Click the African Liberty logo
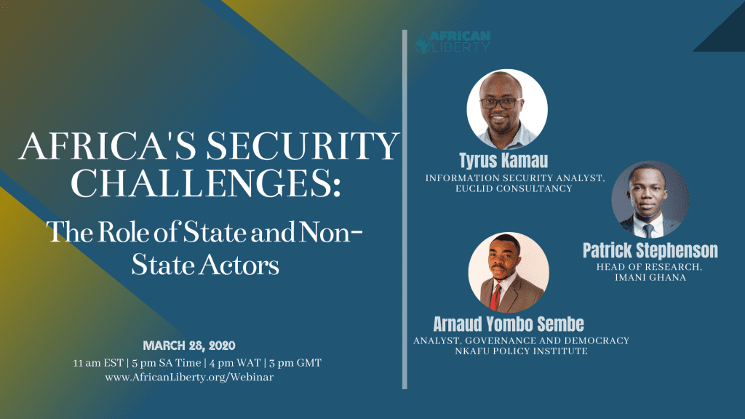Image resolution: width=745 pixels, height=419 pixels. [453, 41]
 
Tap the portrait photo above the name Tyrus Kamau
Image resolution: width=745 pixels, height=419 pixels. [507, 109]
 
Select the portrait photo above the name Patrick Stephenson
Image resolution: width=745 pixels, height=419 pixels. [650, 199]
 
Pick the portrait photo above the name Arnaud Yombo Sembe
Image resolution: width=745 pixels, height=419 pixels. [509, 273]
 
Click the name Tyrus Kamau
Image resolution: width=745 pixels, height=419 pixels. [503, 161]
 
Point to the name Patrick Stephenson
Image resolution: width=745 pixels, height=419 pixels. [650, 250]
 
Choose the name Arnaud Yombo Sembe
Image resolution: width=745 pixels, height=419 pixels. [509, 324]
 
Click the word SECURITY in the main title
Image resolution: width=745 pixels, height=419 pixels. [302, 145]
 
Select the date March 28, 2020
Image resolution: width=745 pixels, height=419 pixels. [189, 346]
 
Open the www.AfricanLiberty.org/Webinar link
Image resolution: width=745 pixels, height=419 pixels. [189, 378]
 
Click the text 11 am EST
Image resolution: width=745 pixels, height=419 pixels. [98, 363]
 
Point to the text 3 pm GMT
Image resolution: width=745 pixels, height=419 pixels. [295, 363]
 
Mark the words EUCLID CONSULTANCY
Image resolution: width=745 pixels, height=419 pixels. [514, 188]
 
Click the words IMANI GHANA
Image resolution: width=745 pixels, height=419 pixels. [650, 277]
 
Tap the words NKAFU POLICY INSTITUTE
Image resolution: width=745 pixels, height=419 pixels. [521, 351]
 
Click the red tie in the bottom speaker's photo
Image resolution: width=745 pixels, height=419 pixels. [495, 298]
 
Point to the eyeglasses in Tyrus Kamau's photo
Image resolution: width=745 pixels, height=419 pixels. [501, 103]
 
